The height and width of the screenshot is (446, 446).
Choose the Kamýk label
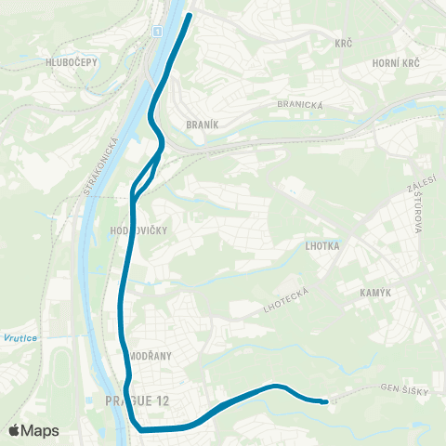pyautogui.click(x=379, y=293)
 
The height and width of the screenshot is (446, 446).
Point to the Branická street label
pyautogui.click(x=300, y=105)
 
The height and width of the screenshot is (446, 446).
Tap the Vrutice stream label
pyautogui.click(x=20, y=337)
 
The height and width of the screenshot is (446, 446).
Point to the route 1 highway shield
pyautogui.click(x=158, y=33)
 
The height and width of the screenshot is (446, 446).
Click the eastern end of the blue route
pyautogui.click(x=325, y=401)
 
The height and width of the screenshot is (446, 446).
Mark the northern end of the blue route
pyautogui.click(x=190, y=15)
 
